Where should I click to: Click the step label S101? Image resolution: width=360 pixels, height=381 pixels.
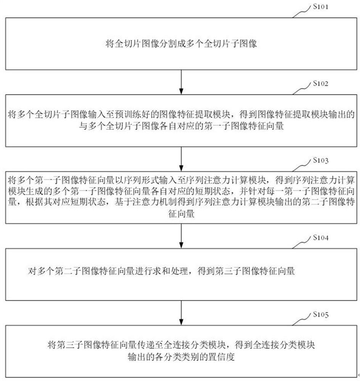click(x=321, y=6)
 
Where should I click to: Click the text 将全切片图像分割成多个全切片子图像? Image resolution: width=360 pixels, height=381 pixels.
click(x=182, y=44)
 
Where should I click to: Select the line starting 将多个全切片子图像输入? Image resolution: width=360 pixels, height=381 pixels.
click(x=182, y=114)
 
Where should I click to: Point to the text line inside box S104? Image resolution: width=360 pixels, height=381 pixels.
click(x=160, y=271)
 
